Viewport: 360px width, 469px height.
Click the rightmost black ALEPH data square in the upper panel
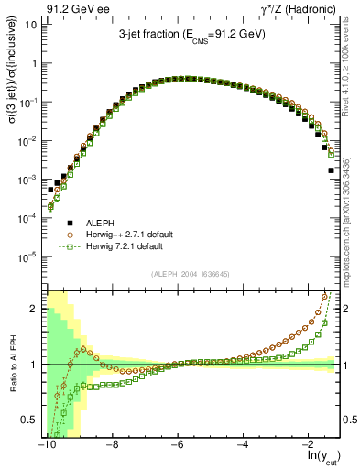click(331, 169)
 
